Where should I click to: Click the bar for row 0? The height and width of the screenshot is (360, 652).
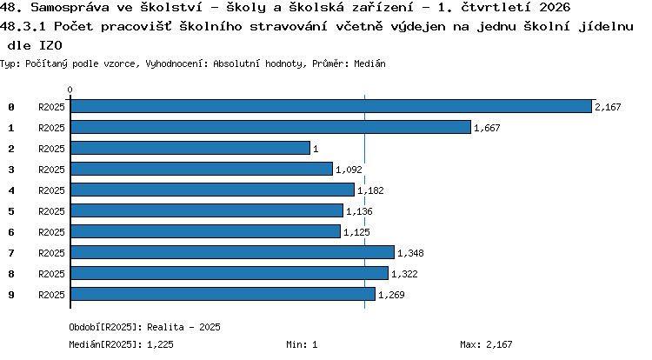point(331,106)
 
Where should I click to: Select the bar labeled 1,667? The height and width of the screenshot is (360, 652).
point(270,127)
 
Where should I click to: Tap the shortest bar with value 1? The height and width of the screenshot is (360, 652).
point(190,148)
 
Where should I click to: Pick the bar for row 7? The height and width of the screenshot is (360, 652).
point(232,252)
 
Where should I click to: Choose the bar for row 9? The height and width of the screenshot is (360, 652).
point(223,294)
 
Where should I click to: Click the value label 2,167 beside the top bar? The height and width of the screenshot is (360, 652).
point(608,107)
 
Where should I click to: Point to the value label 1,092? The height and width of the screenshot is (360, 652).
point(349,170)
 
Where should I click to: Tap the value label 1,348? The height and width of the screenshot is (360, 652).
point(410,253)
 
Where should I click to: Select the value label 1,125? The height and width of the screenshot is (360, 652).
point(356,232)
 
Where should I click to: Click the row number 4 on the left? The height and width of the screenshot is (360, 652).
point(11,190)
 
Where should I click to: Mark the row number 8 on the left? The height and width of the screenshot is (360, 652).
point(11,274)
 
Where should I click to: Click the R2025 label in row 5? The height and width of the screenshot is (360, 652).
point(51,211)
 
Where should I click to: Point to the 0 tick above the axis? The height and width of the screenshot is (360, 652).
point(70,90)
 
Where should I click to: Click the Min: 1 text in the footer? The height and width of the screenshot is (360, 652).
point(302,344)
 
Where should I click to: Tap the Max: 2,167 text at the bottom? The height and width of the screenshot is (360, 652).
point(486,344)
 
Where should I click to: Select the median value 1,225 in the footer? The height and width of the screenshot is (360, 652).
point(160,344)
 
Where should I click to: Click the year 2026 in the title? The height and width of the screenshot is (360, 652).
point(555,7)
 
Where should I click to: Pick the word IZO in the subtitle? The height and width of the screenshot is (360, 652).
point(50,45)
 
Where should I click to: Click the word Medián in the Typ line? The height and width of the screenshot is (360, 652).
point(369,63)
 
